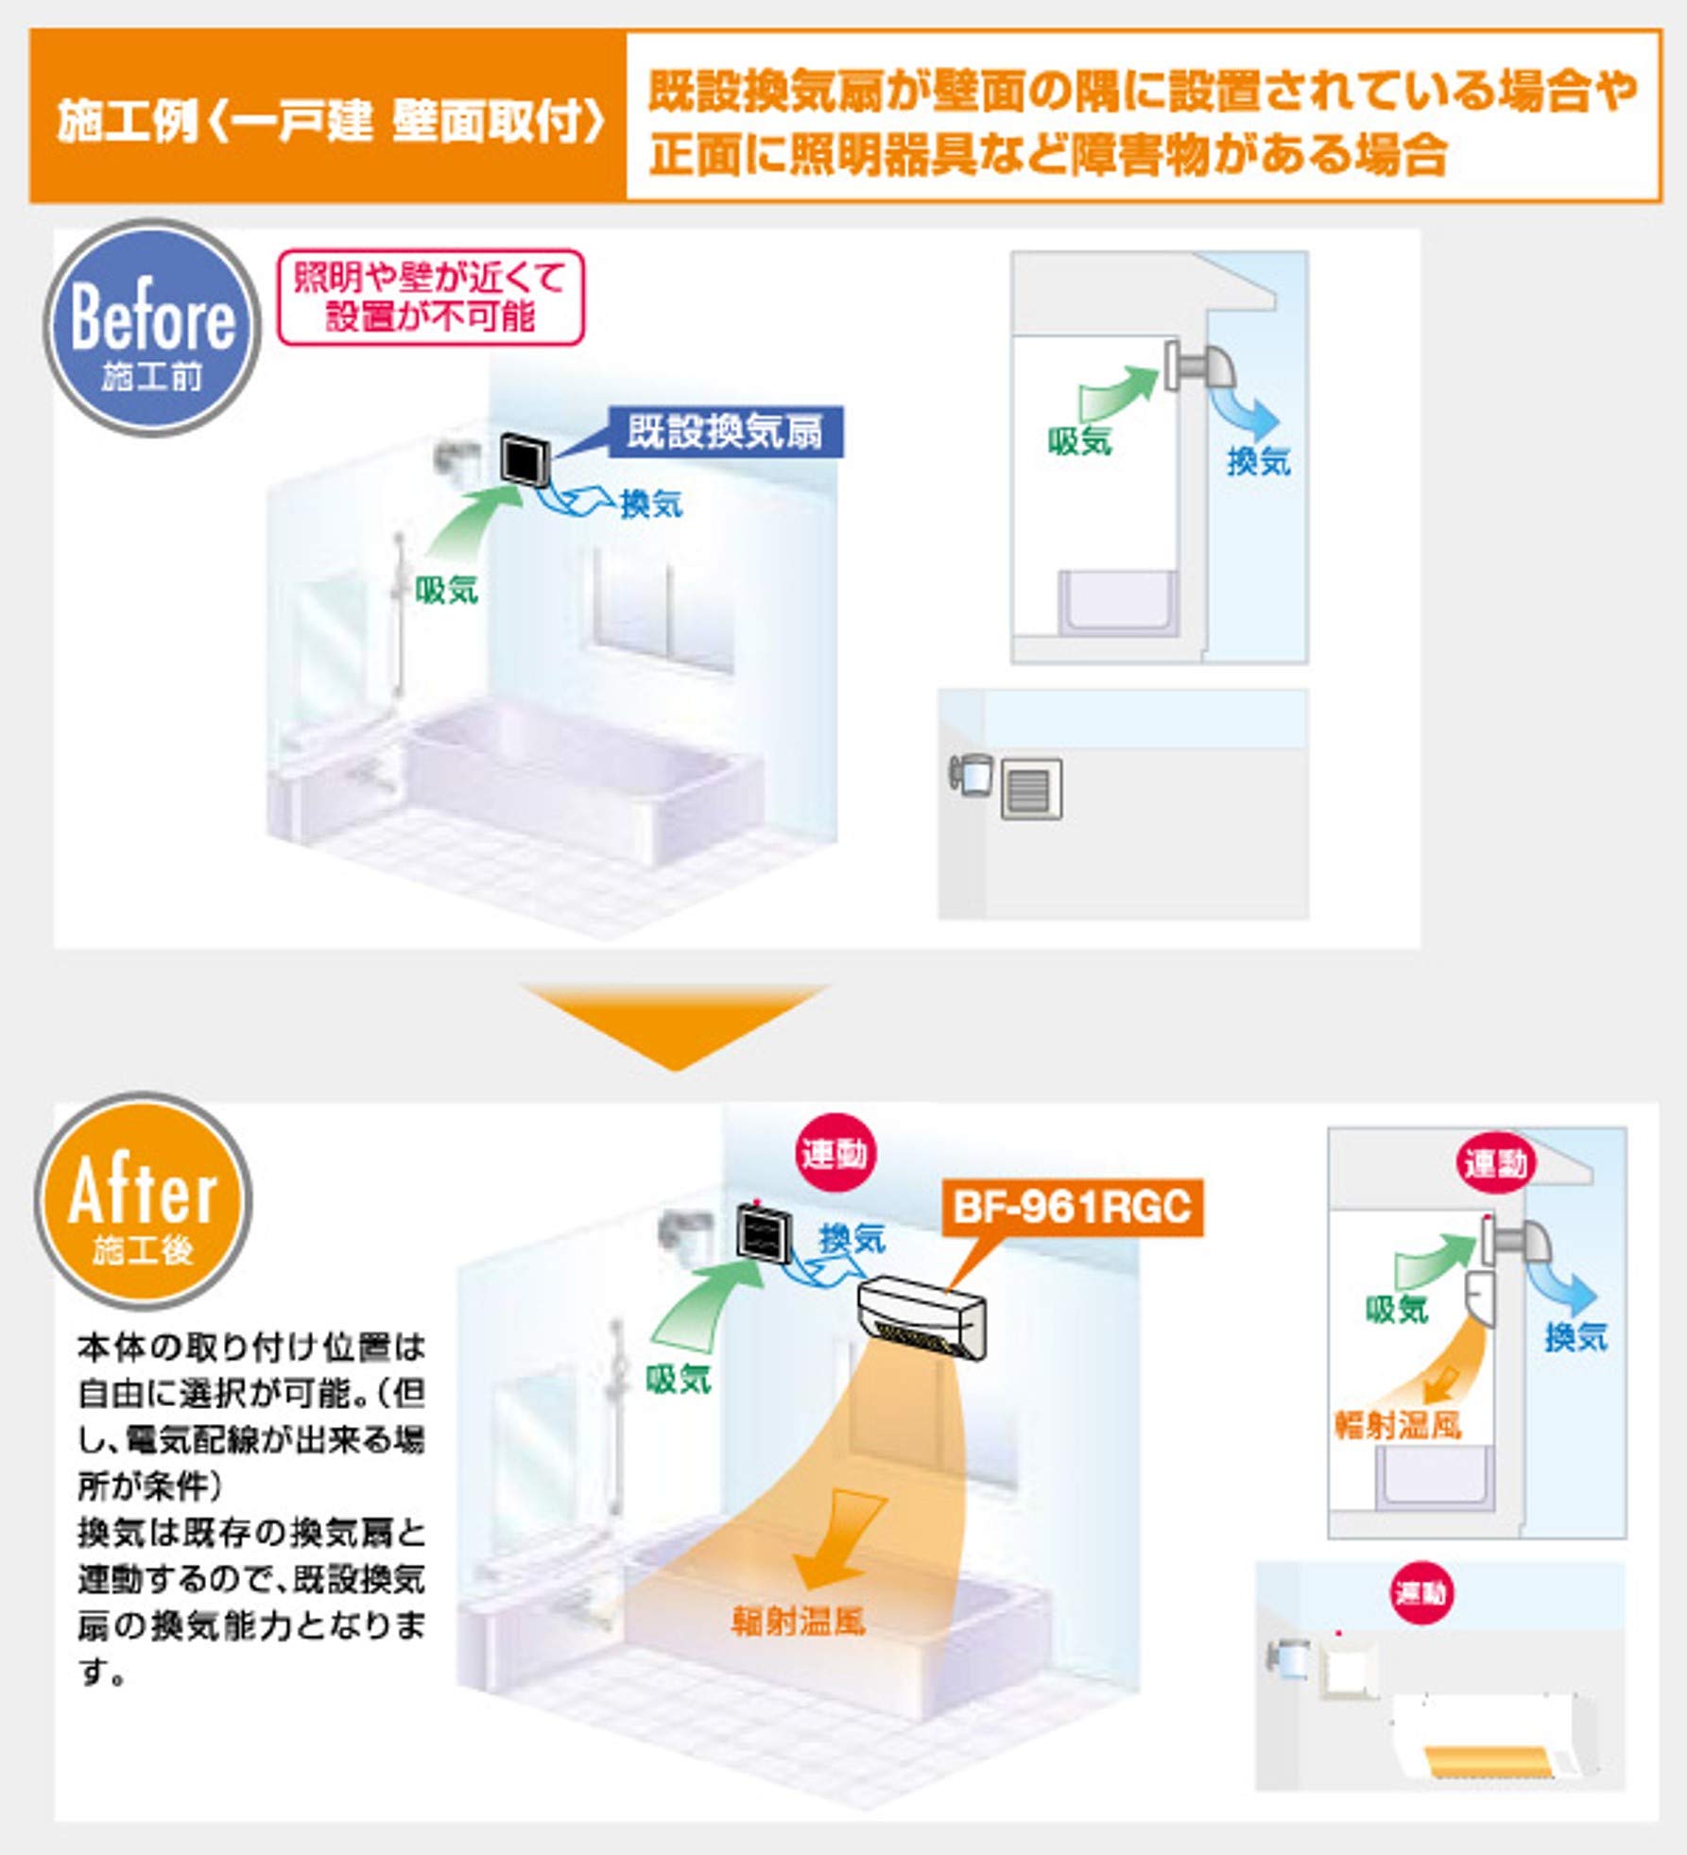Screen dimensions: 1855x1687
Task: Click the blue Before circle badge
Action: click(x=151, y=327)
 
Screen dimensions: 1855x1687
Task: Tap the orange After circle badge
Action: click(x=143, y=1200)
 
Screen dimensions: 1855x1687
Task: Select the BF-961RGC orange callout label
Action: click(x=1072, y=1208)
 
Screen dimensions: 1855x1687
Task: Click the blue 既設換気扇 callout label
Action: click(x=725, y=433)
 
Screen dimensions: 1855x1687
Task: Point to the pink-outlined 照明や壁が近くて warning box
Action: click(x=430, y=297)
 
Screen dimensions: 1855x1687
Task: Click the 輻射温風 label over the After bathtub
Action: click(x=799, y=1623)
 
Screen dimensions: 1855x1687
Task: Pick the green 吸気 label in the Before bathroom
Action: click(x=447, y=591)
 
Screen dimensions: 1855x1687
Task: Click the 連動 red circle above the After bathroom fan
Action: click(x=834, y=1154)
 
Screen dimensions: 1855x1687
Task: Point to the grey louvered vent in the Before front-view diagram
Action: click(x=1031, y=789)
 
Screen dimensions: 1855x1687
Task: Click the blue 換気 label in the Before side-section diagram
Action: click(x=1258, y=461)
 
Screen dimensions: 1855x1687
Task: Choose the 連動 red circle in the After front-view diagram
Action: click(x=1420, y=1594)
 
